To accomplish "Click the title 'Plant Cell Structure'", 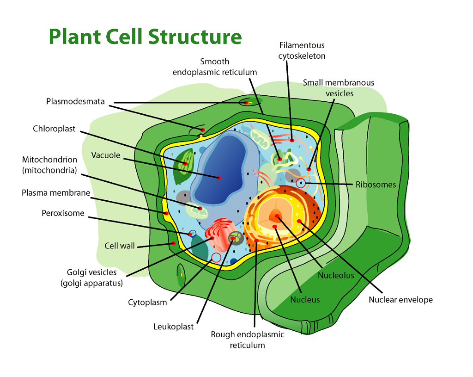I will pos(145,37).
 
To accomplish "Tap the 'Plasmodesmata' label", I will pos(75,101).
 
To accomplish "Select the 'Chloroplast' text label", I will pos(54,129).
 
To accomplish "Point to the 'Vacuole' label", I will pos(105,155).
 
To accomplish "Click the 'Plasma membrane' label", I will pos(56,192).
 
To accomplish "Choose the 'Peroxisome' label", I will pos(63,213).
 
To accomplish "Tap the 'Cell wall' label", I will pos(119,246).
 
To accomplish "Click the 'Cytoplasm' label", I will pos(147,303).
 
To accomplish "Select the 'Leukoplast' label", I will pos(173,327).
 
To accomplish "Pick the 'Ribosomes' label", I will pos(376,185).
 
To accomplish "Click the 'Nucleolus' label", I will pos(336,276).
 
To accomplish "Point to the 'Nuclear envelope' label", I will pos(400,300).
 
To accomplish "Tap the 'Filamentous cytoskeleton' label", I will pos(302,50).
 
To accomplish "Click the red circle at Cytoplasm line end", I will pos(216,257).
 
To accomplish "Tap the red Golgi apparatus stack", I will pos(215,234).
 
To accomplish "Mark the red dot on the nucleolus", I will pos(277,216).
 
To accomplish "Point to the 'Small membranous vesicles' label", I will pos(339,88).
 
